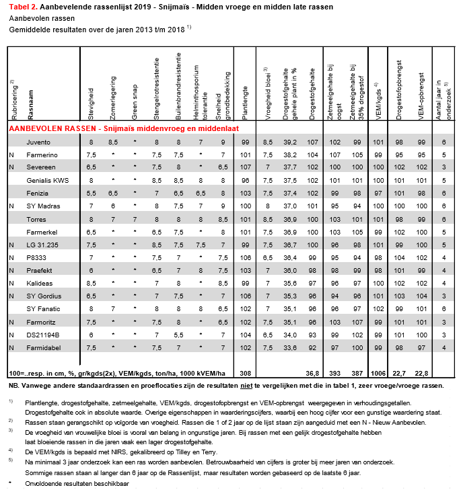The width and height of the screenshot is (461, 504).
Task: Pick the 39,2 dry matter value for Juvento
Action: pyautogui.click(x=290, y=142)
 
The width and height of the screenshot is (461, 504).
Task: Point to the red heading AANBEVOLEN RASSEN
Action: pyautogui.click(x=123, y=128)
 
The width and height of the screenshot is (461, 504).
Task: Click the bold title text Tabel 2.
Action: pyautogui.click(x=26, y=6)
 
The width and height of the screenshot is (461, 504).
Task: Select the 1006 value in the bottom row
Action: pyautogui.click(x=379, y=372)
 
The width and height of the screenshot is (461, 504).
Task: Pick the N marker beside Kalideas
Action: pyautogui.click(x=11, y=283)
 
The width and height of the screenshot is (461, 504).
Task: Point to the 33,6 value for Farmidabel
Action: pyautogui.click(x=290, y=347)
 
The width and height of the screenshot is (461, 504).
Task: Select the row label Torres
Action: pyautogui.click(x=36, y=219)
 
